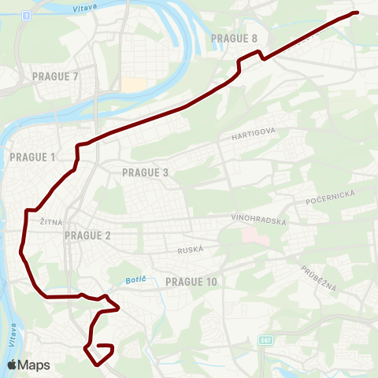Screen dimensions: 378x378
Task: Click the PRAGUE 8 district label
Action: pyautogui.click(x=234, y=38)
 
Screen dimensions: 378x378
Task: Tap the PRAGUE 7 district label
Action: pyautogui.click(x=55, y=76)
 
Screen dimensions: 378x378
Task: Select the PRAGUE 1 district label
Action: pyautogui.click(x=32, y=157)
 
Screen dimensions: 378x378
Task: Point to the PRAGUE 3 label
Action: pyautogui.click(x=146, y=172)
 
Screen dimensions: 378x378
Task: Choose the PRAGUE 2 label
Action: pyautogui.click(x=87, y=235)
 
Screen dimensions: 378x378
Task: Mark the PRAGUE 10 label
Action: pyautogui.click(x=191, y=281)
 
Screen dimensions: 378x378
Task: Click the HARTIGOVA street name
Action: pyautogui.click(x=252, y=136)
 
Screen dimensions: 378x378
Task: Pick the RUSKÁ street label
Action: pyautogui.click(x=191, y=249)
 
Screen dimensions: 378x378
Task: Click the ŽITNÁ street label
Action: pyautogui.click(x=51, y=223)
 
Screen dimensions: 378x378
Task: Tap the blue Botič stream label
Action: pyautogui.click(x=136, y=280)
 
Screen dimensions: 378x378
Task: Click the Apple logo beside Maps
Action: pyautogui.click(x=12, y=365)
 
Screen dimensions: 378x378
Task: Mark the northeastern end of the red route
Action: pyautogui.click(x=356, y=13)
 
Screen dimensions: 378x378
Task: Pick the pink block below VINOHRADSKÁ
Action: pyautogui.click(x=250, y=235)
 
